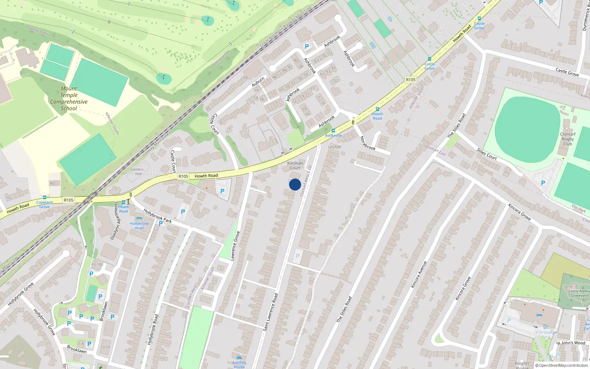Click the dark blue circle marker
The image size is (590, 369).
295,184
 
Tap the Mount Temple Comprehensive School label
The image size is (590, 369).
69,99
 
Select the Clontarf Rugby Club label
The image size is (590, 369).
568,139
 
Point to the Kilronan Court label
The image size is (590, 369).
295,165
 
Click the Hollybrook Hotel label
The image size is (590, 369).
139,225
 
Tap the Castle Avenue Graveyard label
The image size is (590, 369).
579,293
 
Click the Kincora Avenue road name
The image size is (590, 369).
419,275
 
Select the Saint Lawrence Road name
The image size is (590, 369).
270,312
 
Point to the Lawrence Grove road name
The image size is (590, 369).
235,246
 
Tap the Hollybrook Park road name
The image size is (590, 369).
157,216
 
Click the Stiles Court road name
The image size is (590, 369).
487,154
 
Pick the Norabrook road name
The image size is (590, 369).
368,143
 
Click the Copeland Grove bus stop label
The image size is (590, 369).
44,204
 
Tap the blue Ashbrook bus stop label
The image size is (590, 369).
333,135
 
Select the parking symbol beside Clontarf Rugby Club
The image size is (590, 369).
543,183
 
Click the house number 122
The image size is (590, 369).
335,80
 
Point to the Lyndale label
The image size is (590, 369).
334,146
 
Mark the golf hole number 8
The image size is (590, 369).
109,22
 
